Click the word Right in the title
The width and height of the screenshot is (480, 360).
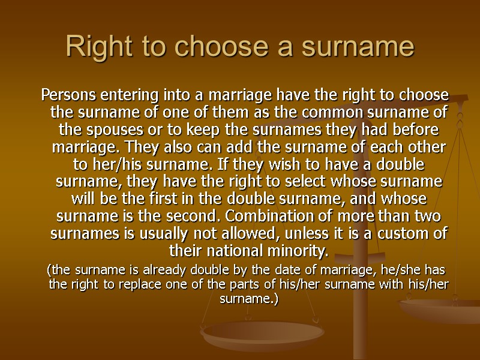86,46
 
